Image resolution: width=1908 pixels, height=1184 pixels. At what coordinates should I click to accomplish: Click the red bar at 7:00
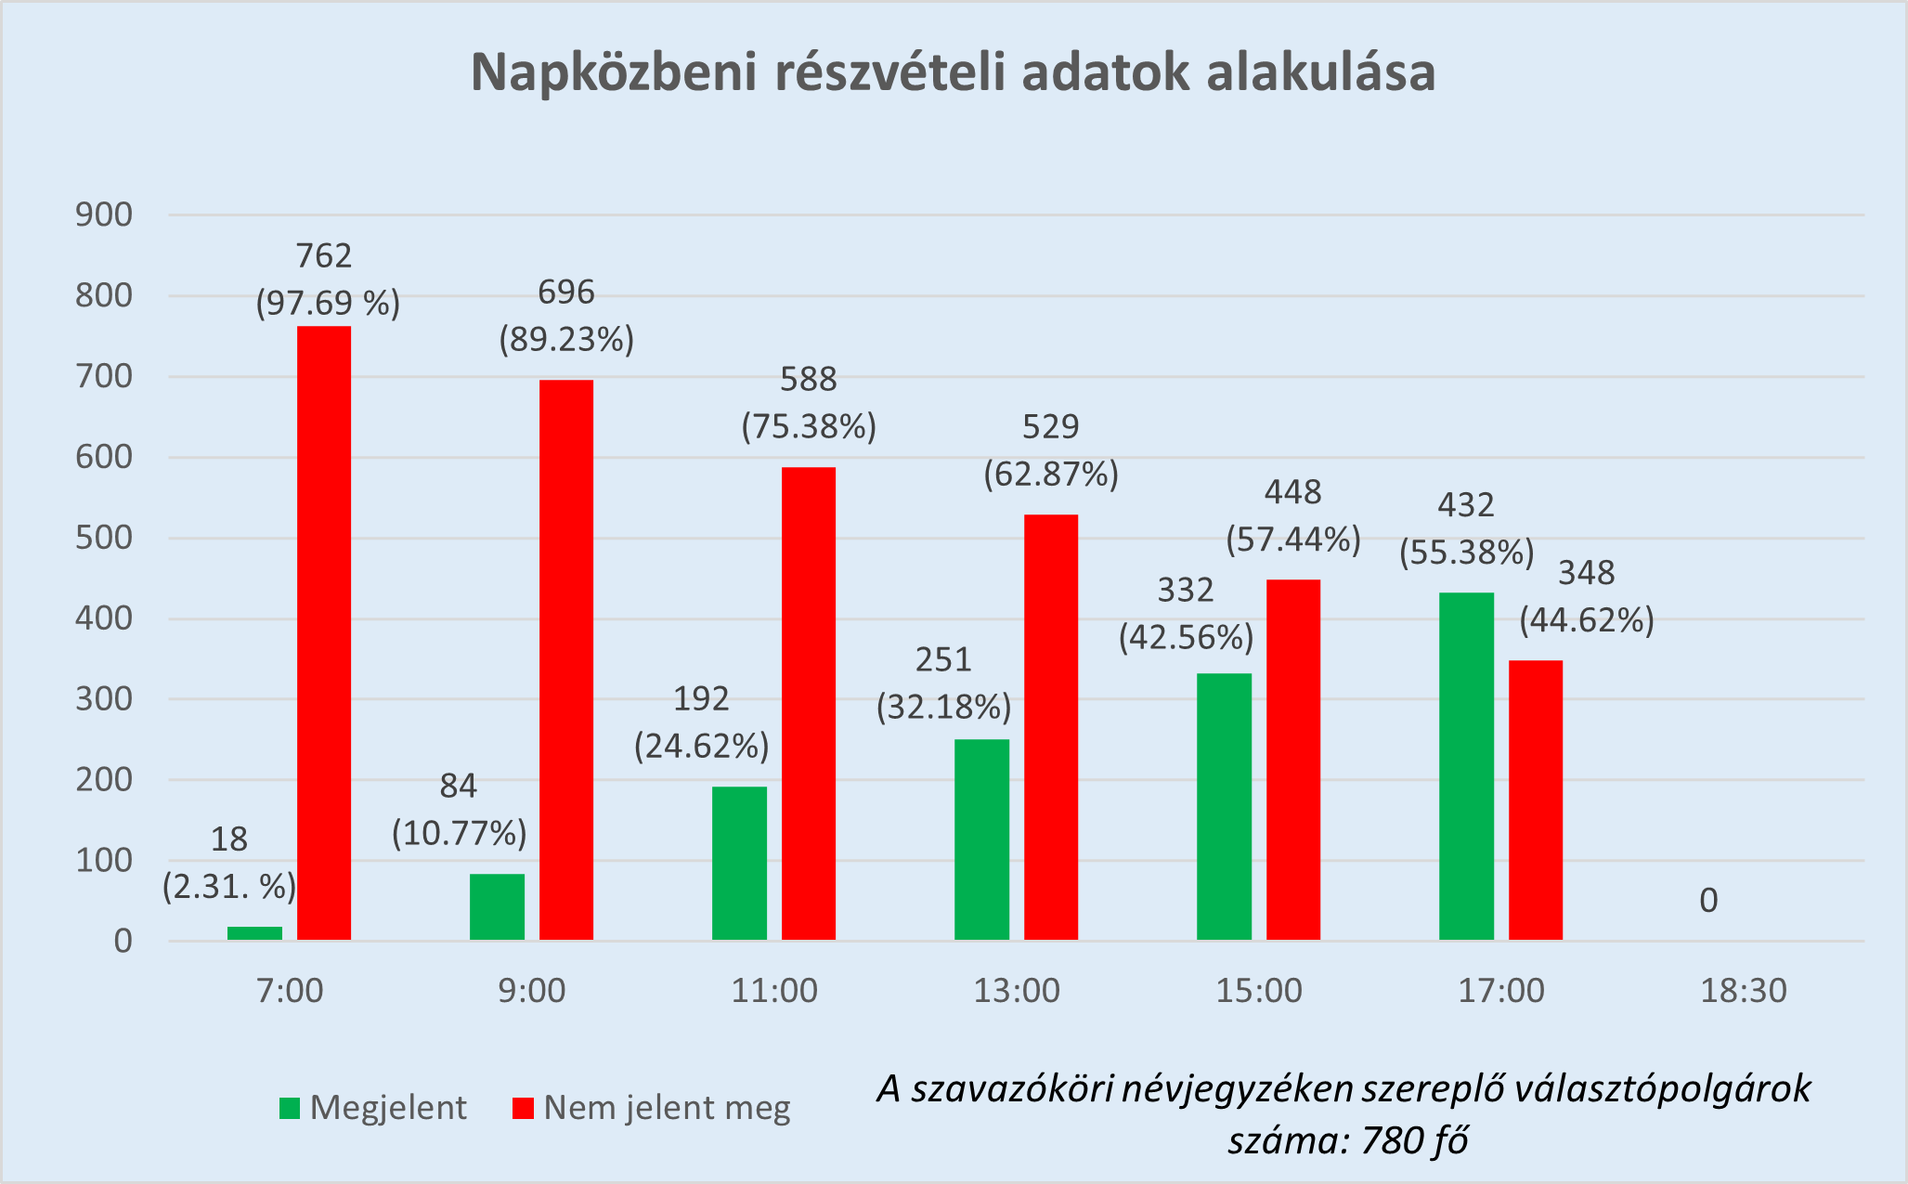coord(324,633)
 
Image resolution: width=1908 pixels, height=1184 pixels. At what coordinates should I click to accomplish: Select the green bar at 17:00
coord(1466,766)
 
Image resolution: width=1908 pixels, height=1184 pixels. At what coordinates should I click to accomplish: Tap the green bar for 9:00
coord(497,907)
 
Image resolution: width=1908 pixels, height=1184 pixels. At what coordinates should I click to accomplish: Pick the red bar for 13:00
coord(1051,727)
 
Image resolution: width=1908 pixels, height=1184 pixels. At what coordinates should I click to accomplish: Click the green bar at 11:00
coord(739,864)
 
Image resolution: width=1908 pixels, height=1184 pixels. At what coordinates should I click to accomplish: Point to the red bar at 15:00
coord(1293,760)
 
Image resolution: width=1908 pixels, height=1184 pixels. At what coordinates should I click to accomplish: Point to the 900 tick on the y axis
coord(104,215)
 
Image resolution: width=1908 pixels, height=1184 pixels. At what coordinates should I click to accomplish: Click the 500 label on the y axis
coord(104,539)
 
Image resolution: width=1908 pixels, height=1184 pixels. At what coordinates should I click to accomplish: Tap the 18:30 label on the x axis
coord(1743,991)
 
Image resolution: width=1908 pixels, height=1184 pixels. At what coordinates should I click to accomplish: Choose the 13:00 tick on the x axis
coord(1016,991)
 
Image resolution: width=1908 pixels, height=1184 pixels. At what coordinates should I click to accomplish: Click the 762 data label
coord(324,255)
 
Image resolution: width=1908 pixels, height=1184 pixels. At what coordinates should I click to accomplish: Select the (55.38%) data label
coord(1466,553)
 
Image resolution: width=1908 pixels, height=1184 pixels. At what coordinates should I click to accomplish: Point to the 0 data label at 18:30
coord(1708,901)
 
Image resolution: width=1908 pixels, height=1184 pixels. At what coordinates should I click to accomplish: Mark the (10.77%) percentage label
coord(459,834)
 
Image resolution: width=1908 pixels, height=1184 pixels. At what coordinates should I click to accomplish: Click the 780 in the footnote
coord(1389,1140)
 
